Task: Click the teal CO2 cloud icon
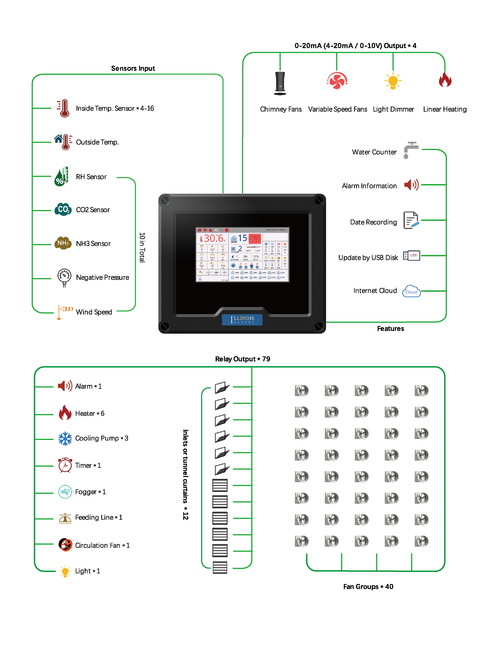(63, 209)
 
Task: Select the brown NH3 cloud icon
(63, 243)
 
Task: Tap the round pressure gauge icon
(64, 278)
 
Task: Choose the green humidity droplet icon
(61, 177)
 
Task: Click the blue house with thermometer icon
(63, 142)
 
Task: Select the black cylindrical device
(280, 83)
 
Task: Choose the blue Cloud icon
(411, 291)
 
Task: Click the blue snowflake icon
(65, 439)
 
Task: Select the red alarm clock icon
(65, 465)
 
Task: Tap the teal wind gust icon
(65, 492)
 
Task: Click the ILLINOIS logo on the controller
(242, 320)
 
